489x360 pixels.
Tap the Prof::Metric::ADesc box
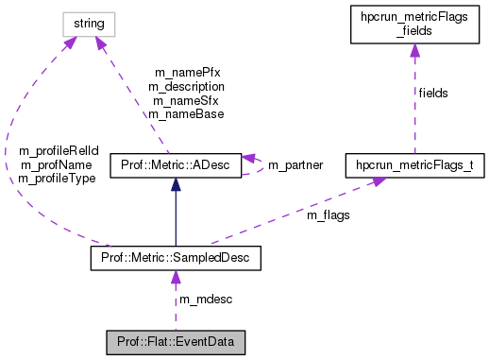tap(176, 165)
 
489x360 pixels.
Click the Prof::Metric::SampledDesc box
tap(175, 257)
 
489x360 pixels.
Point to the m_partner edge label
tap(295, 165)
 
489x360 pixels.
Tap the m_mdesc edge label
tap(206, 300)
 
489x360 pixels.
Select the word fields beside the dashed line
tap(433, 93)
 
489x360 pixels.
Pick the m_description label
tap(186, 86)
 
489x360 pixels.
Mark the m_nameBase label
tap(186, 113)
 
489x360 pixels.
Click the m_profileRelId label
tap(58, 151)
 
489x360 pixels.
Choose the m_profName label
tap(58, 164)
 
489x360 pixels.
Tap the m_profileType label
tap(58, 178)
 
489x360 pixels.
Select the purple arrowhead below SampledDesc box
tap(175, 276)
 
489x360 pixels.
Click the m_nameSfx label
tap(186, 100)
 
